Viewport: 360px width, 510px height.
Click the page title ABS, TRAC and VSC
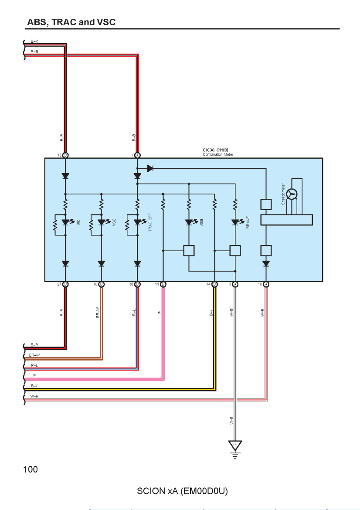click(x=71, y=22)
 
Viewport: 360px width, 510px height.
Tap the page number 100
click(x=31, y=469)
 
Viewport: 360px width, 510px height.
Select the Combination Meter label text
click(x=218, y=154)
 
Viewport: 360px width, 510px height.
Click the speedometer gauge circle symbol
click(x=292, y=194)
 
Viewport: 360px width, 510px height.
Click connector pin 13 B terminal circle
click(x=65, y=156)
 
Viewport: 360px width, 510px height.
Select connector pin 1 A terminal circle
click(x=138, y=156)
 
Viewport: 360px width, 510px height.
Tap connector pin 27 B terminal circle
click(x=65, y=284)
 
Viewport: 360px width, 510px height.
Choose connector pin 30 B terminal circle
click(x=138, y=284)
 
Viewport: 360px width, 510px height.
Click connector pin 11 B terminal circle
click(x=163, y=284)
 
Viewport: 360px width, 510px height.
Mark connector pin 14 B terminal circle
click(x=214, y=284)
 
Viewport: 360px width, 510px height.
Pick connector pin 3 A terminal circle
click(x=235, y=284)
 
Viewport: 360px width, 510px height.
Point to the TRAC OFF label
click(x=150, y=222)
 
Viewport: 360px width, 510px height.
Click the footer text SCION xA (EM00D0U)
click(x=182, y=491)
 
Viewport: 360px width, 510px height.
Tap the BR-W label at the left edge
click(x=34, y=355)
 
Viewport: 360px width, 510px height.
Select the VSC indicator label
click(x=114, y=222)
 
